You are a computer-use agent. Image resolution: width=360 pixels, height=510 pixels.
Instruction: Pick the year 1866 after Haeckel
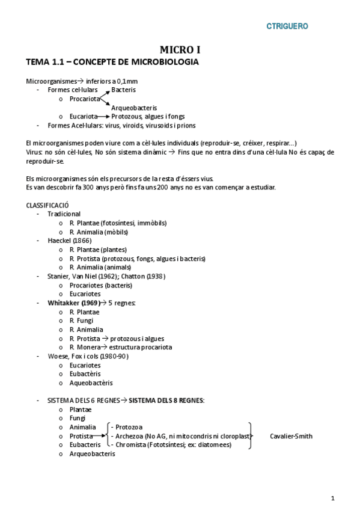[82, 241]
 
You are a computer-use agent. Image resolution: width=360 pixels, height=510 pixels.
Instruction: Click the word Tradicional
[64, 214]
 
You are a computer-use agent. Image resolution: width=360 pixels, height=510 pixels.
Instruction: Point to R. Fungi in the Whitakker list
[84, 321]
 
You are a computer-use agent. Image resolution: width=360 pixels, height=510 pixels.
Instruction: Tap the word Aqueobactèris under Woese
[91, 383]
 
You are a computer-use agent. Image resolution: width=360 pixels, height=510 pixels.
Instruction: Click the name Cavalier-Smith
[291, 436]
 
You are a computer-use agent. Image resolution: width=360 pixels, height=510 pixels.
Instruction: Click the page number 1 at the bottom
[332, 497]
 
